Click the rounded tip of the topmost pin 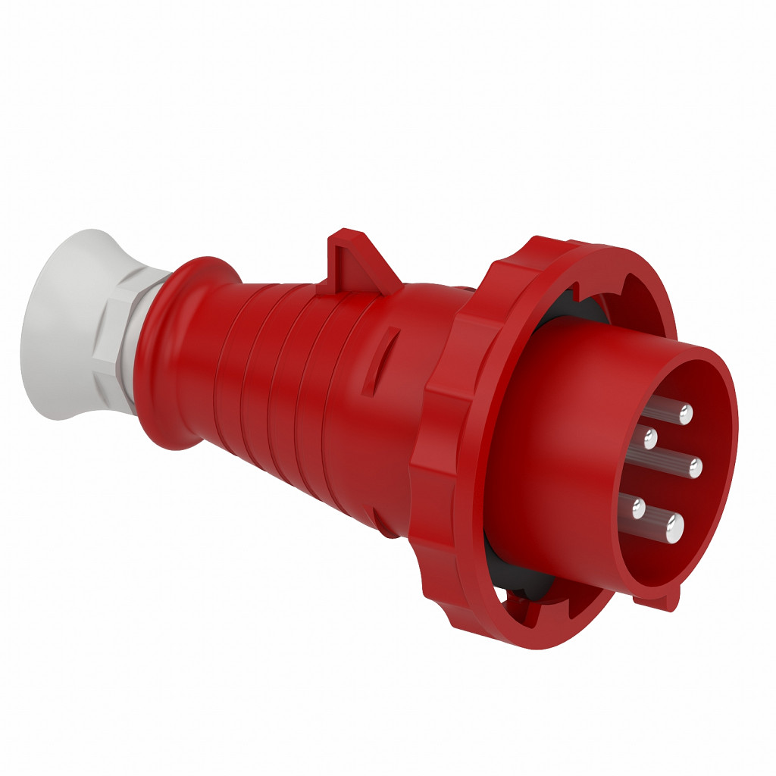[685, 414]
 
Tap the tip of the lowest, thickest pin [674, 524]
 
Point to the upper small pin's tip [650, 437]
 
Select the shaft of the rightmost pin [671, 463]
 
